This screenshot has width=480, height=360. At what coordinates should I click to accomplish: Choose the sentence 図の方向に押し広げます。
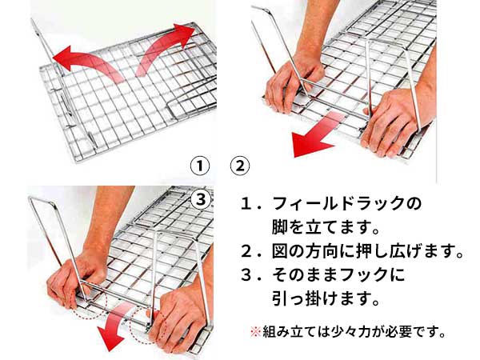tap(363, 253)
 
